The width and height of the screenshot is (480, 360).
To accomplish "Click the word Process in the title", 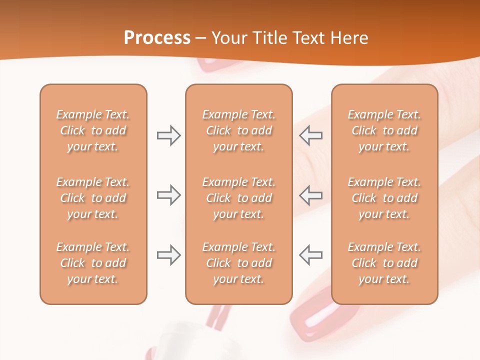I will [157, 38].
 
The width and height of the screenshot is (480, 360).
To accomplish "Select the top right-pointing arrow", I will [168, 135].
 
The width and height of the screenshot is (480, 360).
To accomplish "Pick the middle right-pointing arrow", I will [168, 195].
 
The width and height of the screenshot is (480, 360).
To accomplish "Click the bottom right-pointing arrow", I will [168, 255].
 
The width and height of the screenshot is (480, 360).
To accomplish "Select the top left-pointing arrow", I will [311, 135].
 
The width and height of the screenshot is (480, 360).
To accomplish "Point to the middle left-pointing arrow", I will [311, 195].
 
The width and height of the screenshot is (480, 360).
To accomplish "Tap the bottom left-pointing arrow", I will [311, 255].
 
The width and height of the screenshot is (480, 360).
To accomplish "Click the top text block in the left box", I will [93, 130].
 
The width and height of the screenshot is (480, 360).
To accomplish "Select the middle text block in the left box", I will [93, 198].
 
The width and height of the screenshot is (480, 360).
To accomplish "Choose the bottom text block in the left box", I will [93, 263].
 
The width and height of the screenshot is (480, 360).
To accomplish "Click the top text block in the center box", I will [238, 130].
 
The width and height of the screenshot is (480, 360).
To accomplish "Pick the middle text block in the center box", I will [238, 198].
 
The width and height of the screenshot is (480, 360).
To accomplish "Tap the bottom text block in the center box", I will [238, 263].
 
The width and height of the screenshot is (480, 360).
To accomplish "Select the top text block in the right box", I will [384, 130].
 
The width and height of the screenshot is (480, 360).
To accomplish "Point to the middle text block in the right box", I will [384, 198].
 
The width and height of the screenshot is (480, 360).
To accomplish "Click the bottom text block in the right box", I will [384, 263].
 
